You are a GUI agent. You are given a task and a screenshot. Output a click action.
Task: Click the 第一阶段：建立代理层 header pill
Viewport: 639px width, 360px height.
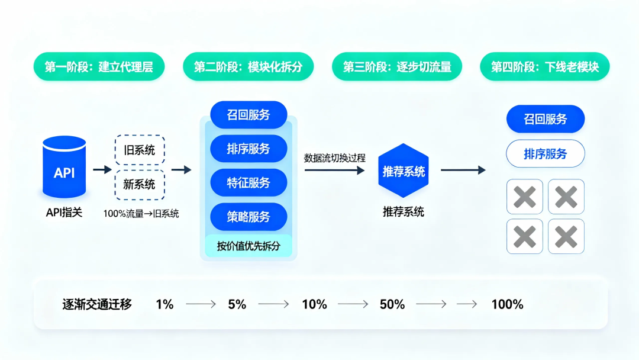coord(99,67)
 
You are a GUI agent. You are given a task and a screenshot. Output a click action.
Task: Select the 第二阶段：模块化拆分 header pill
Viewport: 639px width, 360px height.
coord(248,67)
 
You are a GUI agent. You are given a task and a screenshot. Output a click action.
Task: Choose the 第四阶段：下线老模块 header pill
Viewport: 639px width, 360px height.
coord(545,67)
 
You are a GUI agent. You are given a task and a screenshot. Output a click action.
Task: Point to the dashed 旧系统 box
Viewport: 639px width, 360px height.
coord(140,150)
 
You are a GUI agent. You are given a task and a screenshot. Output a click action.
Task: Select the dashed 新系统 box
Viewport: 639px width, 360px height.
coord(140,184)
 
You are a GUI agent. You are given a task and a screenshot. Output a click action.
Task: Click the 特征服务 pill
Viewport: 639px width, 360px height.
coord(248,182)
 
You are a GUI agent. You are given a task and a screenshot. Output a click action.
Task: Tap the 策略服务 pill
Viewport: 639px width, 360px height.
coord(248,217)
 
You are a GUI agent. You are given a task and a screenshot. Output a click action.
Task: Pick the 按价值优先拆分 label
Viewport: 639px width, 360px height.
coord(248,246)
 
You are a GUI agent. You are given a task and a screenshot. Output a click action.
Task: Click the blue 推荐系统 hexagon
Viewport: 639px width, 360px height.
coord(404,172)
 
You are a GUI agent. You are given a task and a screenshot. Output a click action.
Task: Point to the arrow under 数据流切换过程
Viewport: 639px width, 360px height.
coord(334,170)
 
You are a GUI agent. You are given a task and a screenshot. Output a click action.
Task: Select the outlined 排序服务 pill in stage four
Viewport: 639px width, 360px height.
coord(546,154)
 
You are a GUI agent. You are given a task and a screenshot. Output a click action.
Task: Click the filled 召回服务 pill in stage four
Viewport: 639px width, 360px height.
coord(546,119)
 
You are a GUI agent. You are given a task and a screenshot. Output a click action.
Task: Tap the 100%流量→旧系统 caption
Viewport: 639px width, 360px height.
coord(141,214)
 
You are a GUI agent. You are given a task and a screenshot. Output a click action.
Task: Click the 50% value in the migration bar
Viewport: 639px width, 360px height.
coord(392,304)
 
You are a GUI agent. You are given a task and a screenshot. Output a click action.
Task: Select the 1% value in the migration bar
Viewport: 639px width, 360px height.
coord(164,304)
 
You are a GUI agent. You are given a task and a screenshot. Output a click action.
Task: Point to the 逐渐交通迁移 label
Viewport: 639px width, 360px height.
coord(97,304)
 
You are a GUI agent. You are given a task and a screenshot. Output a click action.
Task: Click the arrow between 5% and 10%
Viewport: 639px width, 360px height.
coord(273,304)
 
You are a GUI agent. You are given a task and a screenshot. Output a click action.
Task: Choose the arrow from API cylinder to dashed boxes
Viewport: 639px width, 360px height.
coord(102,169)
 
